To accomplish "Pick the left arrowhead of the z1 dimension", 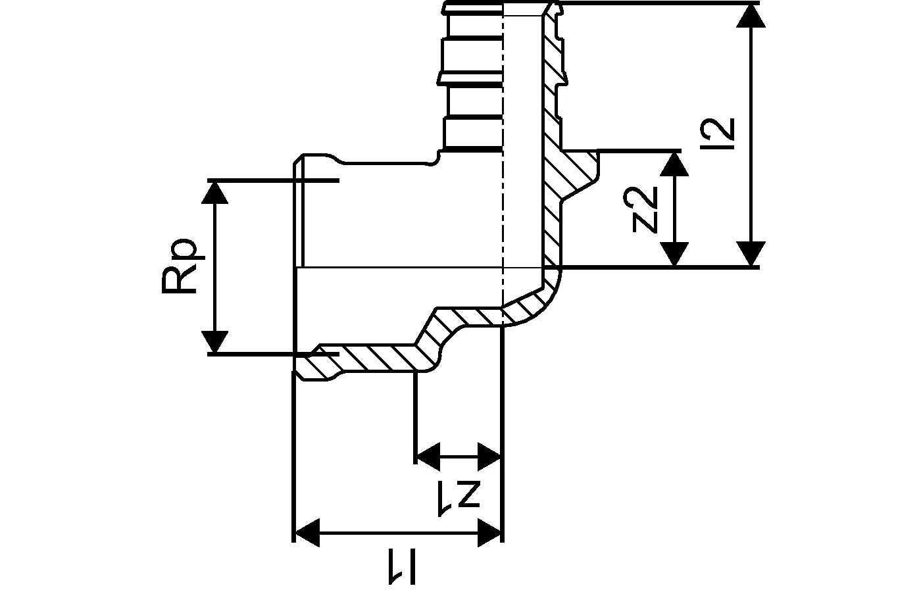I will (x=428, y=456).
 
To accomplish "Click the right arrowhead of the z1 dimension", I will (x=490, y=456).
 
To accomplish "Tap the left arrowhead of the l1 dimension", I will (x=307, y=532).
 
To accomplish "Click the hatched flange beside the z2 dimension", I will (x=578, y=170).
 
